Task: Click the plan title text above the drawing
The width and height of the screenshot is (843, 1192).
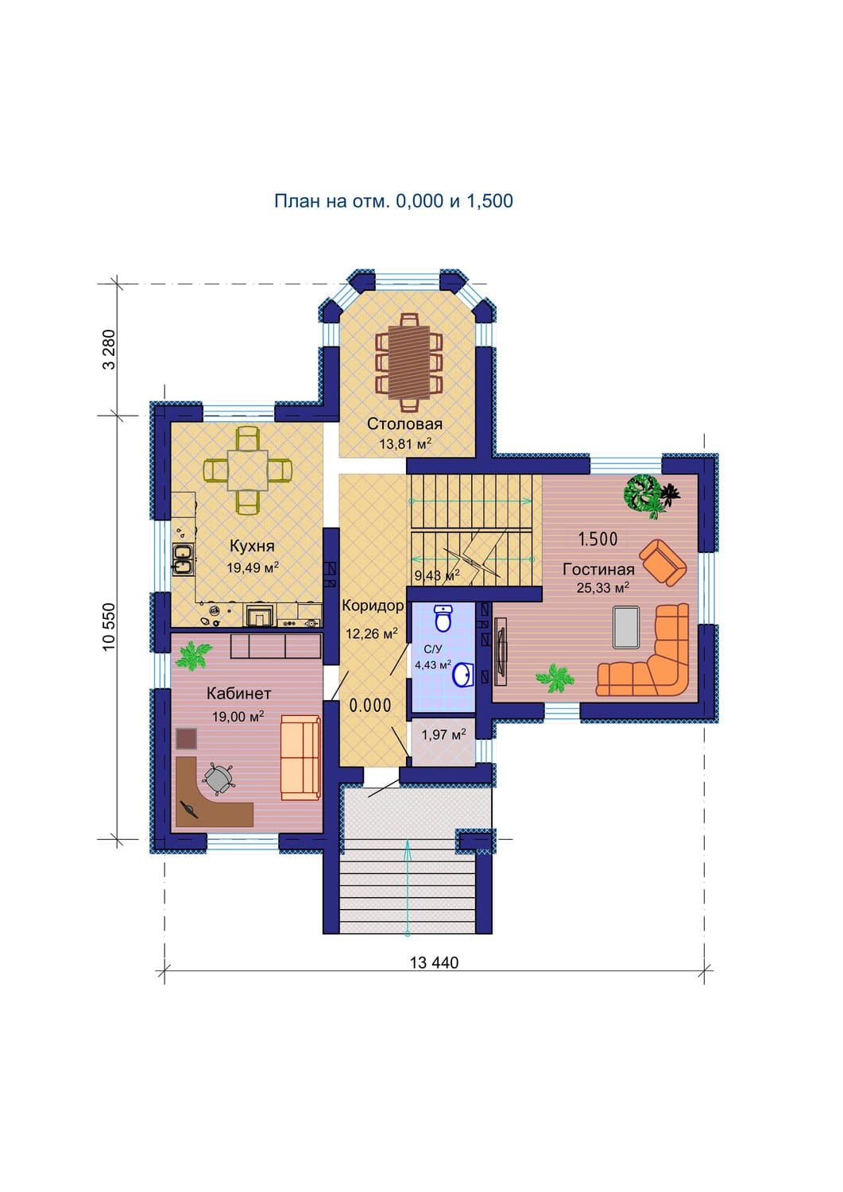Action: [x=393, y=200]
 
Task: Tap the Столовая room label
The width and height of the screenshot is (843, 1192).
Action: [x=404, y=424]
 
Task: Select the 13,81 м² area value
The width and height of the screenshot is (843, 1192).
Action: [x=404, y=443]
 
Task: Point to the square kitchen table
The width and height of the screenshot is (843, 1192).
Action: [x=248, y=470]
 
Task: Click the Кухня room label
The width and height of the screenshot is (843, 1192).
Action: [x=252, y=546]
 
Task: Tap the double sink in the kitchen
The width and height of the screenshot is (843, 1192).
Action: [x=182, y=560]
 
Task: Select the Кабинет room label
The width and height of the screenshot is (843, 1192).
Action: [x=238, y=694]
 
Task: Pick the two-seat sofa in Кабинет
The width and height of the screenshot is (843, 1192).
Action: [x=300, y=758]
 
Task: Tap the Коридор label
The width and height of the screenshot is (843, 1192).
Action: [x=373, y=606]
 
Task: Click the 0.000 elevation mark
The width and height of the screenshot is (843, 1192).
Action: [x=370, y=706]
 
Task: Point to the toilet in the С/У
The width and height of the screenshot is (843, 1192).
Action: [x=443, y=617]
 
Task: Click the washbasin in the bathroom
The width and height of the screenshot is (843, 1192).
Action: [x=462, y=675]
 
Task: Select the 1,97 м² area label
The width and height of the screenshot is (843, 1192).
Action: [x=443, y=735]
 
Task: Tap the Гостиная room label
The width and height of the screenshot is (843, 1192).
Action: [x=599, y=570]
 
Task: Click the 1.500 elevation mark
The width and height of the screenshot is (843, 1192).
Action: [x=597, y=539]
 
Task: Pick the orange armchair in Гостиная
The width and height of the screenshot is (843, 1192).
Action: [x=663, y=562]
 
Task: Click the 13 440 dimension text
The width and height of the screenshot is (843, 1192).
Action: [x=435, y=962]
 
